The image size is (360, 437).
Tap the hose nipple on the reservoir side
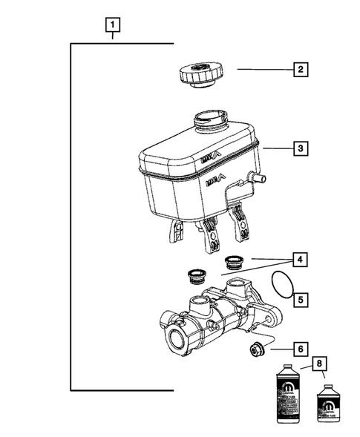point(258,198)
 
